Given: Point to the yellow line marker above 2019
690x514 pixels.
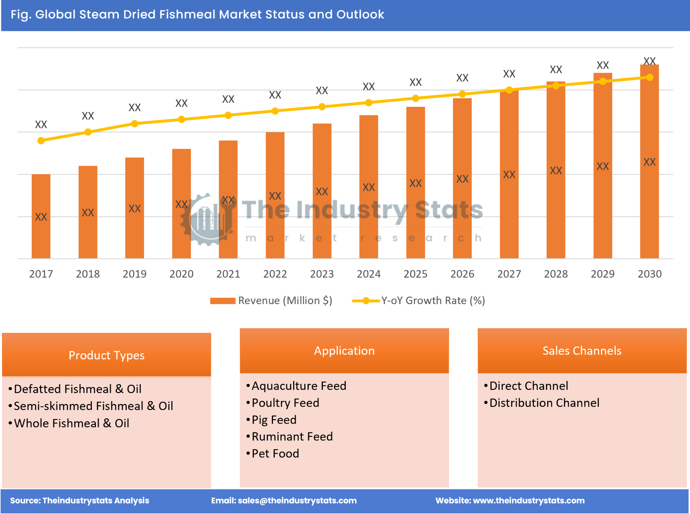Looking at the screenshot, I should click(x=134, y=123).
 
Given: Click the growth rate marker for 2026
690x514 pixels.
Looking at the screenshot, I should click(x=462, y=94).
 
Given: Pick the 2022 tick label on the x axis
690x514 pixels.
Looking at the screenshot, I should click(x=275, y=274).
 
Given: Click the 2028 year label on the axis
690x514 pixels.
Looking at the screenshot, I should click(x=556, y=274).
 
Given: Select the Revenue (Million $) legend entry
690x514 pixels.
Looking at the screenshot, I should click(x=271, y=300).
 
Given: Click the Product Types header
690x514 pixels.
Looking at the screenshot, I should click(x=106, y=355).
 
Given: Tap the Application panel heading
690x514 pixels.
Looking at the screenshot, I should click(x=344, y=351).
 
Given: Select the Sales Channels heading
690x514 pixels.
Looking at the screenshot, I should click(x=582, y=351).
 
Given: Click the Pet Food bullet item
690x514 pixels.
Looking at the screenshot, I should click(x=275, y=453).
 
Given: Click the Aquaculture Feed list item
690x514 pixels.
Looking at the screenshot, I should click(x=299, y=385).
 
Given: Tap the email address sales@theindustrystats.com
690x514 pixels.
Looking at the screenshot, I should click(x=297, y=500).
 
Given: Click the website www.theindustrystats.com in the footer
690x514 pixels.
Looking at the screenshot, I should click(x=528, y=500).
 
